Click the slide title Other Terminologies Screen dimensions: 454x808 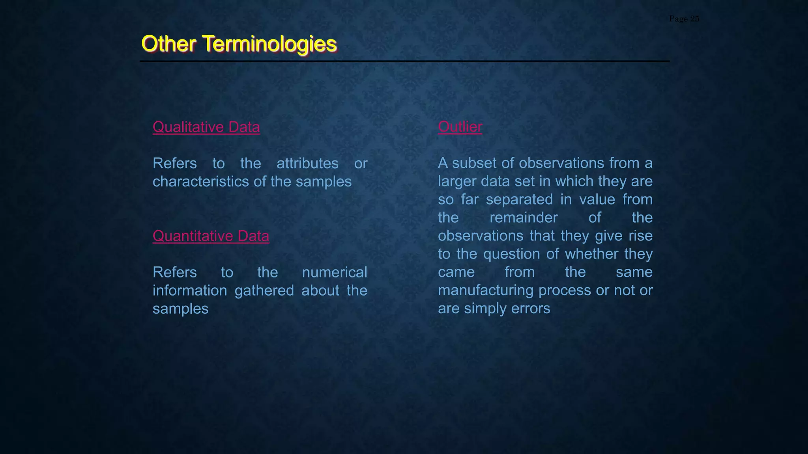click(x=239, y=43)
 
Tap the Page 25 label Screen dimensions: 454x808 click(x=684, y=19)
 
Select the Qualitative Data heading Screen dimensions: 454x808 click(x=206, y=127)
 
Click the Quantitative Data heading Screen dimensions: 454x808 click(x=211, y=236)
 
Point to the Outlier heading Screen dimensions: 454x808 click(x=460, y=127)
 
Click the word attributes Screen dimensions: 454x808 click(x=307, y=163)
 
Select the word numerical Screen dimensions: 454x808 click(x=335, y=272)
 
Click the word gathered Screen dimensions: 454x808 click(x=264, y=290)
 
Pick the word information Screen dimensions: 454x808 click(x=190, y=290)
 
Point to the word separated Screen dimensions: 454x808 click(x=519, y=199)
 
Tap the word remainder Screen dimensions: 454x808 click(x=524, y=218)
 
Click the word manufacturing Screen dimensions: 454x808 click(x=486, y=290)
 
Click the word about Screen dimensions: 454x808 click(x=320, y=290)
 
